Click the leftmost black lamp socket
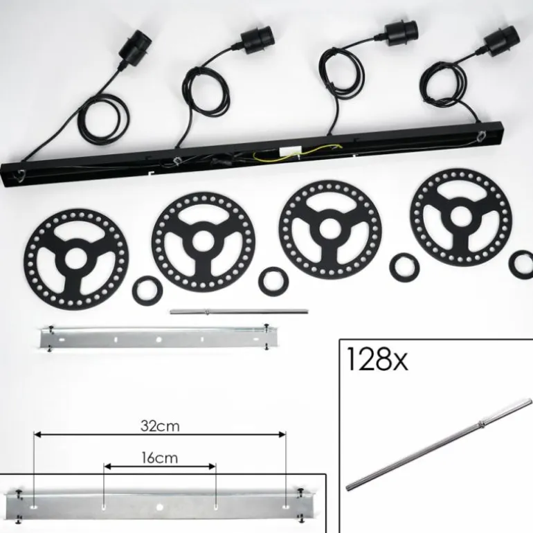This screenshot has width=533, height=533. (x=135, y=49)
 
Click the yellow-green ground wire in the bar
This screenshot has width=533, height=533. (x=295, y=152)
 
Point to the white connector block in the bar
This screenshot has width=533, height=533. (x=290, y=153)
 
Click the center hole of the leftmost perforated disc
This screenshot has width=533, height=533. (x=75, y=259)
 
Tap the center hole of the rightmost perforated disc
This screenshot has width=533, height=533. (x=461, y=216)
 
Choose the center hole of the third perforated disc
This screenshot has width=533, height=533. (x=329, y=228)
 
